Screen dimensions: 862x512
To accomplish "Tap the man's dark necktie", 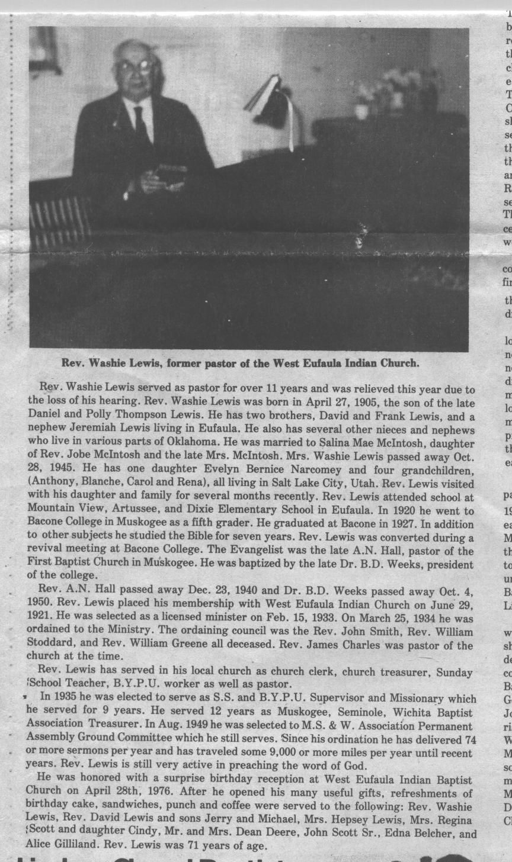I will [142, 124].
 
